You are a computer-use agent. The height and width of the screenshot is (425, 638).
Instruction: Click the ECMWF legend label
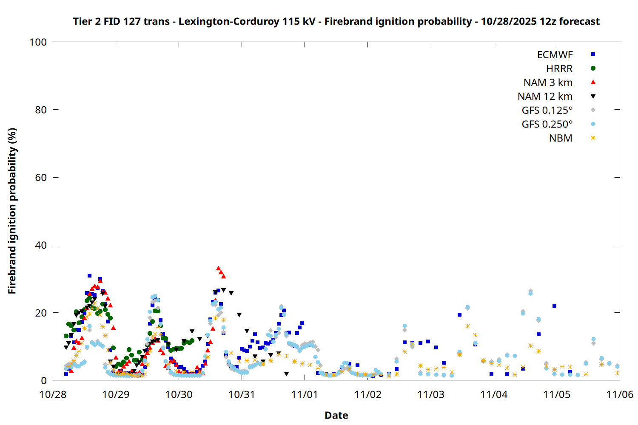[x=555, y=55]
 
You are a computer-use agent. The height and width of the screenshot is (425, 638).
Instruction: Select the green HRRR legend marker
[x=593, y=68]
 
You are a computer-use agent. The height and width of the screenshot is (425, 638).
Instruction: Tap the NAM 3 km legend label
[x=548, y=82]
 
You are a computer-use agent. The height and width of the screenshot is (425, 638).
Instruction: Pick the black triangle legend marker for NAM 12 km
[x=593, y=96]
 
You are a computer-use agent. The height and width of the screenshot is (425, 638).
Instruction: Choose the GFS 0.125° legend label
[x=547, y=110]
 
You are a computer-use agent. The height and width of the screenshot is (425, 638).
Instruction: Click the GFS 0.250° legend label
[x=547, y=125]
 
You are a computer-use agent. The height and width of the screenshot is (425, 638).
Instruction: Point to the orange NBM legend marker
[x=593, y=138]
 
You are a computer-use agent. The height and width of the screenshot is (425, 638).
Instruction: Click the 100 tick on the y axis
[x=38, y=42]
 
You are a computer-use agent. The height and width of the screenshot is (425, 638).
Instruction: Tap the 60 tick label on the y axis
[x=41, y=178]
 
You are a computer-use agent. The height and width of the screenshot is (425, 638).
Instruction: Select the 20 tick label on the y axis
[x=41, y=313]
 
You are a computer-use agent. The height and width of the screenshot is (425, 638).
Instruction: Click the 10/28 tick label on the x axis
[x=53, y=394]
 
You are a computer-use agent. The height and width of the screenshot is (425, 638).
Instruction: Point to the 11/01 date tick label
[x=305, y=394]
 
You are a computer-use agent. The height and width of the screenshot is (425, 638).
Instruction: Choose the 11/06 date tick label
[x=619, y=394]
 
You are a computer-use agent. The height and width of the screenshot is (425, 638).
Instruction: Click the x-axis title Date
[x=336, y=415]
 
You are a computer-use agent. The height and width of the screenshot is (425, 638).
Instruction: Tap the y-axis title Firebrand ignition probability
[x=12, y=211]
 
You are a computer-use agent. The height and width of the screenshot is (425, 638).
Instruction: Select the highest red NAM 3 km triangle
[x=218, y=268]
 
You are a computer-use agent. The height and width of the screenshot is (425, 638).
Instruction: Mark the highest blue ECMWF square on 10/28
[x=89, y=276]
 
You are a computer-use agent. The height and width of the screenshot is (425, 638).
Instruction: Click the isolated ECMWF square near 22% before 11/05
[x=554, y=306]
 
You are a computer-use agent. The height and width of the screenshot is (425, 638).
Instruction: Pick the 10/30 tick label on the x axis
[x=179, y=394]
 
